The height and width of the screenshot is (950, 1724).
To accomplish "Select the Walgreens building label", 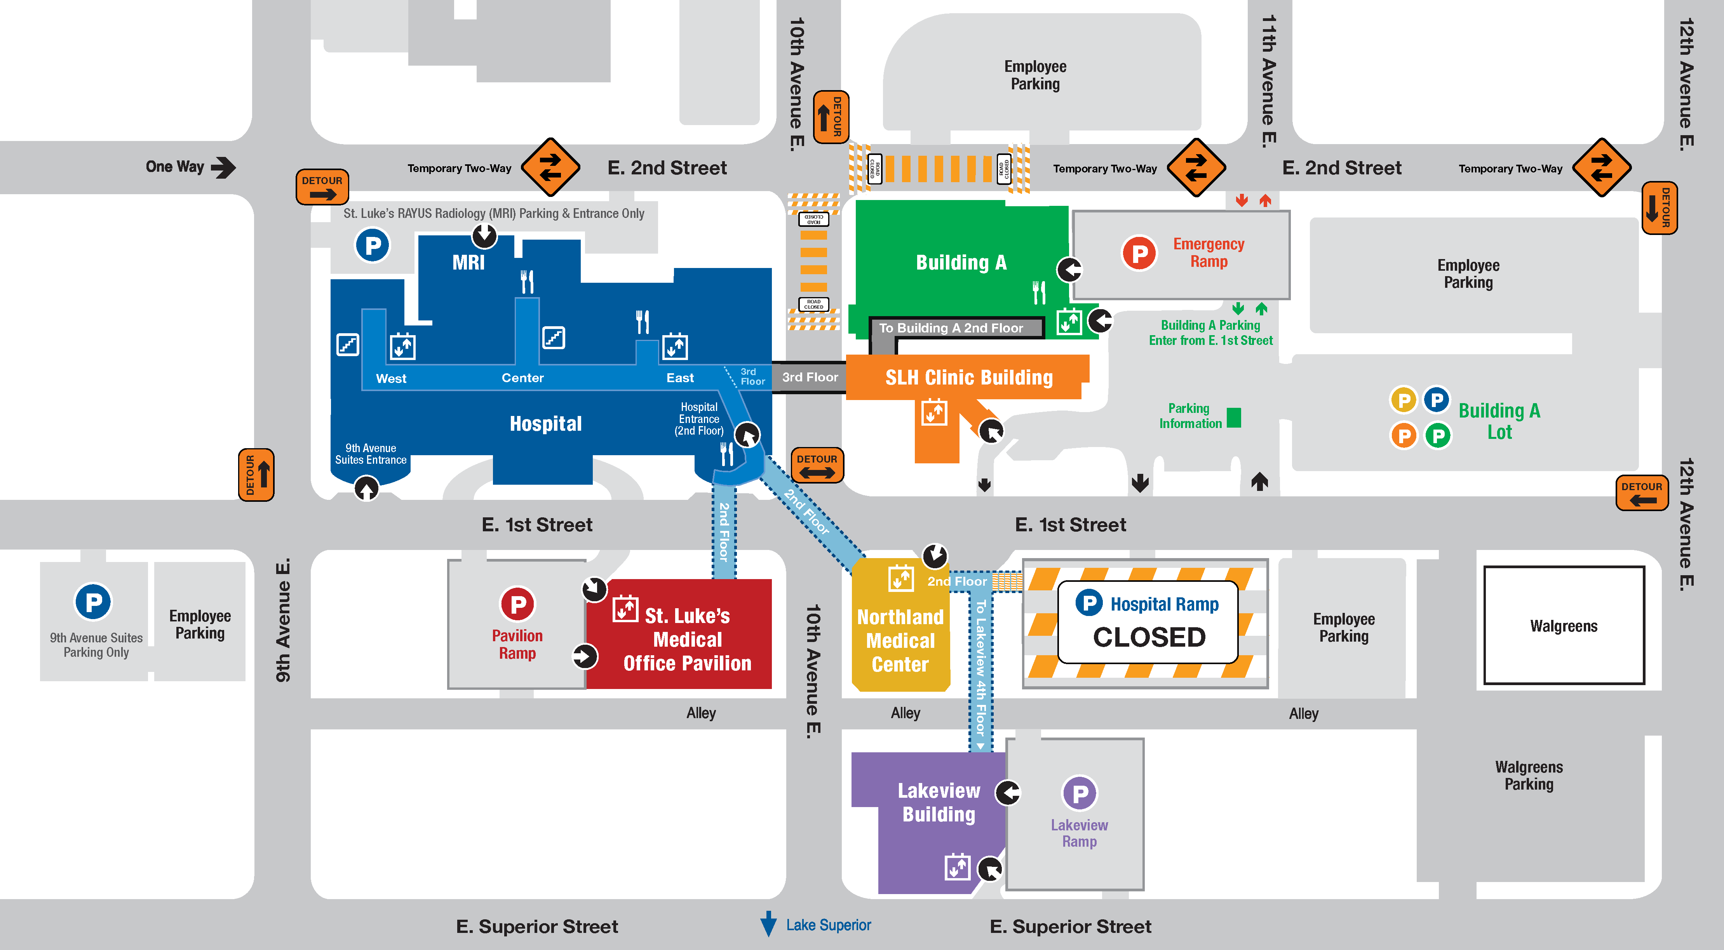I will click(x=1564, y=626).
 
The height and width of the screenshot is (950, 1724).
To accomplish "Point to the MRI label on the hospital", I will click(x=468, y=262).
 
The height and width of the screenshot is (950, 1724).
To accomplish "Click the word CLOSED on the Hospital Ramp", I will click(x=1149, y=637).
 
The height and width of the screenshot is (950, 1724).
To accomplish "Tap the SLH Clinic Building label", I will click(x=968, y=378).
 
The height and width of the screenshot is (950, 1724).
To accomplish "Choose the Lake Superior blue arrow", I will click(x=768, y=924).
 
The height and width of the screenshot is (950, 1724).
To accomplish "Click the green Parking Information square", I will click(x=1234, y=418).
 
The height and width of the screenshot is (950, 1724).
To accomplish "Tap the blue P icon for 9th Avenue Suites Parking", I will click(x=93, y=602).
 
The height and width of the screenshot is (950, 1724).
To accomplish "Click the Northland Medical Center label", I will click(x=900, y=640).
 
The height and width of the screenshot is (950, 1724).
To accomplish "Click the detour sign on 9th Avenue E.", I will click(x=256, y=474).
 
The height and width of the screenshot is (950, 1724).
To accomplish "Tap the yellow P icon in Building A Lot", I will click(x=1404, y=400).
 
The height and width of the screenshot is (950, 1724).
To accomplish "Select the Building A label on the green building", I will click(x=961, y=262).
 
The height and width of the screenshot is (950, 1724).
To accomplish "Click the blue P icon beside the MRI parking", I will click(x=372, y=245).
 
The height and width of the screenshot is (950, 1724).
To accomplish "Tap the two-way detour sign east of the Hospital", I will click(x=817, y=465).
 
